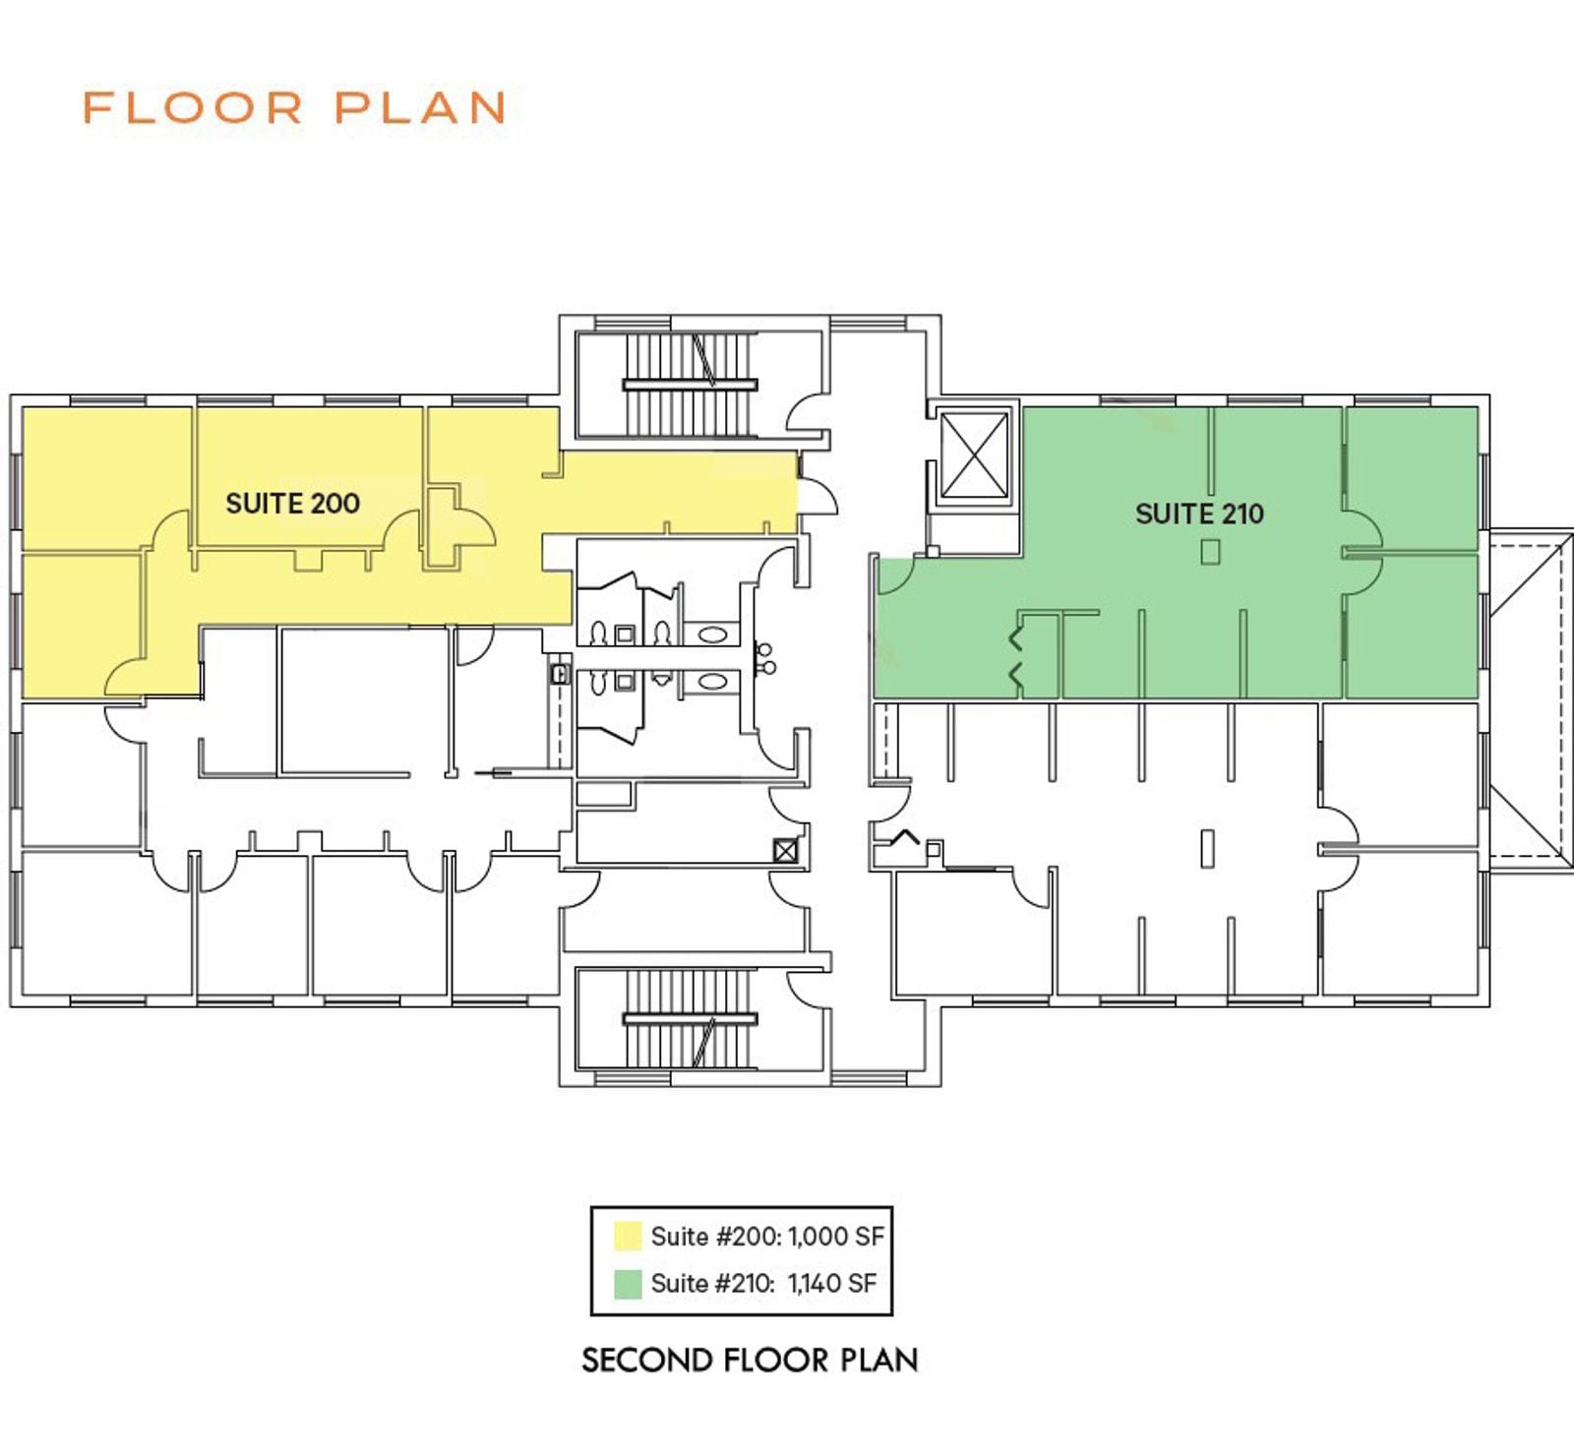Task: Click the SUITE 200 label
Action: click(292, 503)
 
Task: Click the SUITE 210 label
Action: click(1199, 514)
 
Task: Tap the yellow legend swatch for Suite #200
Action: click(628, 1236)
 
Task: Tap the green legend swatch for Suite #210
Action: click(628, 1284)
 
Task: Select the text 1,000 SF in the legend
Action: click(835, 1237)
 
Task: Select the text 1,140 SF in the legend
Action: click(831, 1284)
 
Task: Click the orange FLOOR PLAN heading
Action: click(294, 107)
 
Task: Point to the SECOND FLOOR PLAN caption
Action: click(750, 1361)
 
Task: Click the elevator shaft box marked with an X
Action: click(974, 455)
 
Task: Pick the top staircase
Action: click(690, 385)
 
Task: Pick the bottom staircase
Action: click(690, 1018)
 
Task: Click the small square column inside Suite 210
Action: click(1210, 553)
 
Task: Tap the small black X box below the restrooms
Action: click(785, 850)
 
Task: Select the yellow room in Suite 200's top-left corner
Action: click(106, 478)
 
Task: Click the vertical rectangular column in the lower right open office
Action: click(1207, 848)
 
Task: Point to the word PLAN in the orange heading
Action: click(421, 107)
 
